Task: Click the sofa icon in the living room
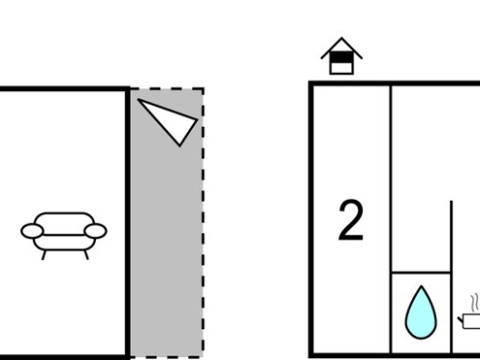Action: (63, 236)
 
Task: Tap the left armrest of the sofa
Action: (32, 231)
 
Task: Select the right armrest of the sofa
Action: (95, 231)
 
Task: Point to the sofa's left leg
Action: (44, 255)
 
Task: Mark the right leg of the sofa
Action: (86, 255)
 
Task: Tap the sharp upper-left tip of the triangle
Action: (138, 99)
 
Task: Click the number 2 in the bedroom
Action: (350, 220)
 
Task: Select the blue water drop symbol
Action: (420, 312)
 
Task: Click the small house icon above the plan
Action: (342, 57)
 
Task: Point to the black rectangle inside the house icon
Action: (342, 57)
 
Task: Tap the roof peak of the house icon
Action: (342, 38)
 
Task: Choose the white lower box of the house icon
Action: (342, 68)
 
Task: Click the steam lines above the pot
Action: (474, 302)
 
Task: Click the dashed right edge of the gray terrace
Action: (203, 223)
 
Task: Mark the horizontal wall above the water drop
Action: (421, 273)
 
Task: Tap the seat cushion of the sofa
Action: (64, 243)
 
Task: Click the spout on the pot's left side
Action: (460, 319)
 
